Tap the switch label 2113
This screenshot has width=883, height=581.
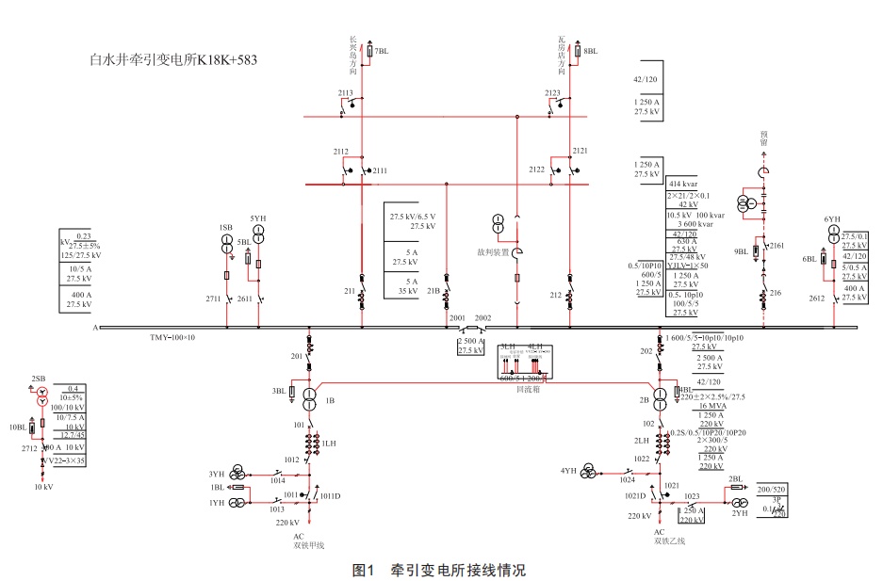click(345, 93)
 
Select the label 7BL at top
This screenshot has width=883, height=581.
click(383, 51)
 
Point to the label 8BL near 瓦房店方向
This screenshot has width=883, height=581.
click(590, 51)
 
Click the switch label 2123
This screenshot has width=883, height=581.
click(553, 93)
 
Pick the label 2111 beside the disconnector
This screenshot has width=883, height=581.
click(380, 170)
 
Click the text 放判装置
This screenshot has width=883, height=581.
click(493, 252)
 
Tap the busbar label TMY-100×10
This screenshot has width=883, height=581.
click(172, 337)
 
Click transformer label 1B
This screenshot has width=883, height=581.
click(330, 401)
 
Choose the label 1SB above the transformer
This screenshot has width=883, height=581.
click(225, 227)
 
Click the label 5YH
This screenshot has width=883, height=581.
click(257, 218)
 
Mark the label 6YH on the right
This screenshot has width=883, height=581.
click(831, 218)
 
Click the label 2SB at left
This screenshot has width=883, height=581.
click(39, 379)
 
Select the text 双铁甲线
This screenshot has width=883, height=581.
click(308, 544)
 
